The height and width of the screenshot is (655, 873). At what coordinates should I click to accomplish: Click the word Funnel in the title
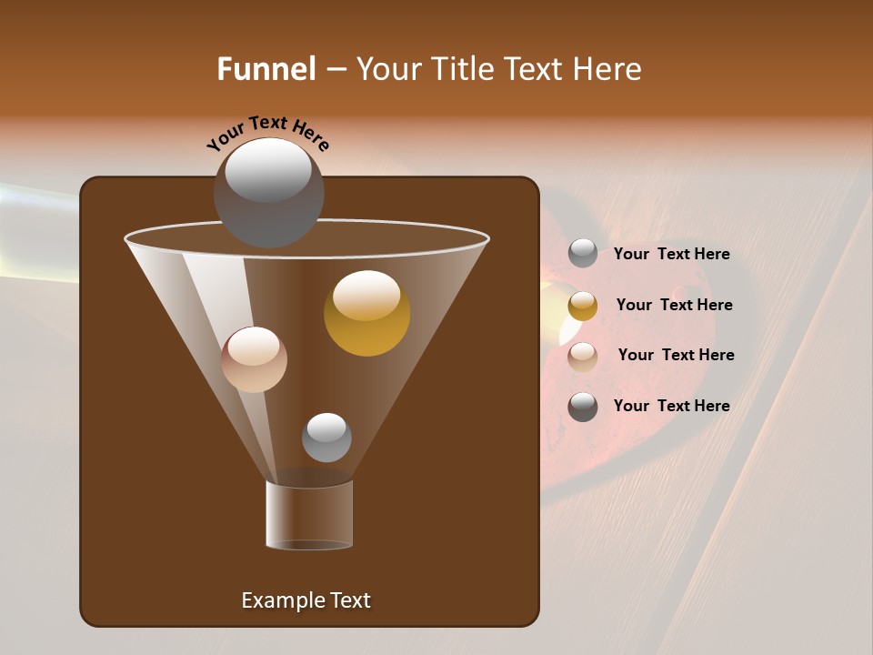[266, 69]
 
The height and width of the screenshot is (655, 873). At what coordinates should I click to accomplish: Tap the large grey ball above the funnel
[268, 193]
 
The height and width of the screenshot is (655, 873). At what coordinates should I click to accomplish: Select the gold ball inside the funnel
[366, 314]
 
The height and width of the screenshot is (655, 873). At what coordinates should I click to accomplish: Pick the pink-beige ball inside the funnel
[254, 359]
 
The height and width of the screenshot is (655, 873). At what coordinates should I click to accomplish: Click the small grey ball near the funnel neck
[326, 438]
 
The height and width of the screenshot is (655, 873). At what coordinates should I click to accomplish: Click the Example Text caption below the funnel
[306, 600]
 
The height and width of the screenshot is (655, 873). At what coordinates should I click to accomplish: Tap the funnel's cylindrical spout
[309, 515]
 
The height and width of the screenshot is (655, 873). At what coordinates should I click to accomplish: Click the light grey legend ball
[583, 254]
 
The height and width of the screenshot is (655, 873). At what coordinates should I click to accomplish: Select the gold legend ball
[583, 306]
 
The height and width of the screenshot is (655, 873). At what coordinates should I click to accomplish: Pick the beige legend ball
[583, 356]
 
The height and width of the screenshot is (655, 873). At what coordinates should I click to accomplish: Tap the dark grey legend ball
[583, 407]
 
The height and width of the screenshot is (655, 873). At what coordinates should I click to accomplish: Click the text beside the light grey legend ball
[671, 255]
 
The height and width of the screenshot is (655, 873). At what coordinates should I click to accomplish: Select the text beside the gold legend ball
[674, 306]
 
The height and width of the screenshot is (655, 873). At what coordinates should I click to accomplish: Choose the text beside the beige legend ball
[676, 356]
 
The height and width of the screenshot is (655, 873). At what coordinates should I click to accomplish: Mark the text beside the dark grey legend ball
[671, 407]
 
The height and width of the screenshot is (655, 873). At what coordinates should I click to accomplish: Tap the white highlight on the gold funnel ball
[366, 295]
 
